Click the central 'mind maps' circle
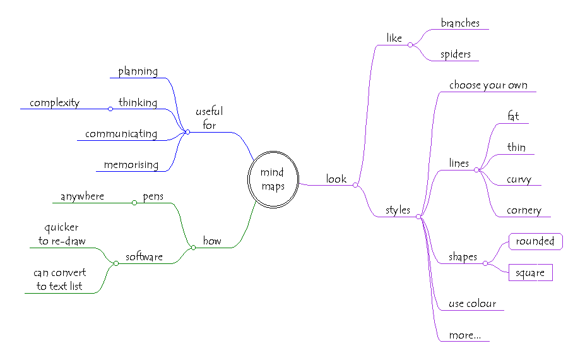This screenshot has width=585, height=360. click(273, 179)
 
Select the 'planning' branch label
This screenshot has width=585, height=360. click(138, 71)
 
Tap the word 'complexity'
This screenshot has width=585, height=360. click(54, 103)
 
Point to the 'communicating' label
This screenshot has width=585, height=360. click(121, 134)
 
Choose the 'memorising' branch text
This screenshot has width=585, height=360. click(131, 165)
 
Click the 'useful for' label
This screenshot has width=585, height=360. click(209, 119)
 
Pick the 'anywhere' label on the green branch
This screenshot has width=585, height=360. click(82, 196)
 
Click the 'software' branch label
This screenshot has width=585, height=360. click(144, 257)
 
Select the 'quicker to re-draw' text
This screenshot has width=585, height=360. click(61, 234)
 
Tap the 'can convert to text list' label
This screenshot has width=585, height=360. click(59, 280)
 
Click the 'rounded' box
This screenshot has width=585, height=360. click(535, 241)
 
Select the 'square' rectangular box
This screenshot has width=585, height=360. click(530, 272)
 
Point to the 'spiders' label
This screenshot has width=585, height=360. click(456, 54)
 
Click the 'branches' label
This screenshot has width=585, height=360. click(460, 23)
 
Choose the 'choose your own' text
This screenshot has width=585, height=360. click(488, 85)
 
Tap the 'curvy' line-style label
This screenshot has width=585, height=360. click(519, 179)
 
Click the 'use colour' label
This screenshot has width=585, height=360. click(472, 304)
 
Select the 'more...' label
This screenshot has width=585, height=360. click(464, 335)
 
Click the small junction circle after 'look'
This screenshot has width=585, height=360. click(355, 186)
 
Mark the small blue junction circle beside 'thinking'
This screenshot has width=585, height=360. click(110, 109)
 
